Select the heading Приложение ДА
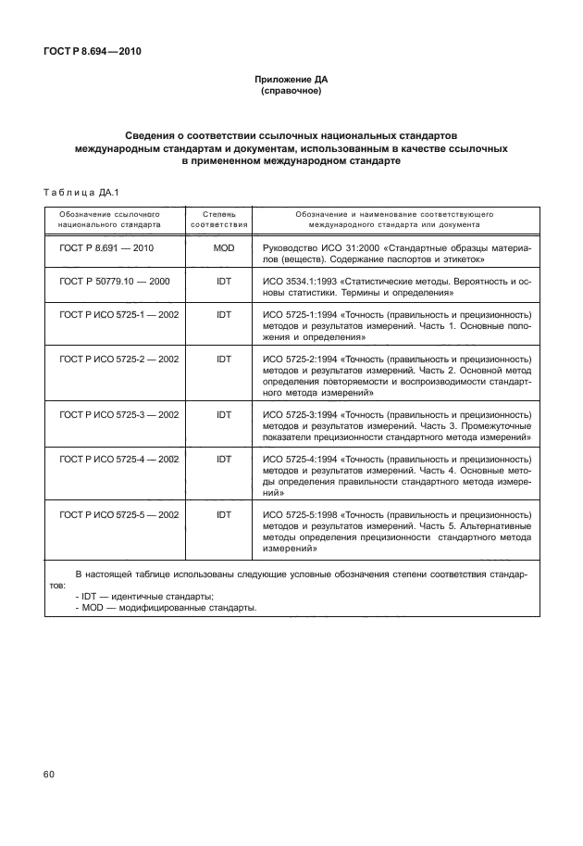(291, 80)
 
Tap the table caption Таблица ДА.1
(79, 192)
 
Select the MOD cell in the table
(224, 248)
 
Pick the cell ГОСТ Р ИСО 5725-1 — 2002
(119, 314)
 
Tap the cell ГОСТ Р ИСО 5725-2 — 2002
(119, 358)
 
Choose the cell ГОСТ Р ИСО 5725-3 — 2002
(119, 414)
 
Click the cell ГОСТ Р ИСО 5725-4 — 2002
(119, 459)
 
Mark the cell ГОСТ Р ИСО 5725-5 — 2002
(119, 514)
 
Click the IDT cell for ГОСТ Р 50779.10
(224, 281)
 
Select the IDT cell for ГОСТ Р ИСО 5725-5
(224, 514)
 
